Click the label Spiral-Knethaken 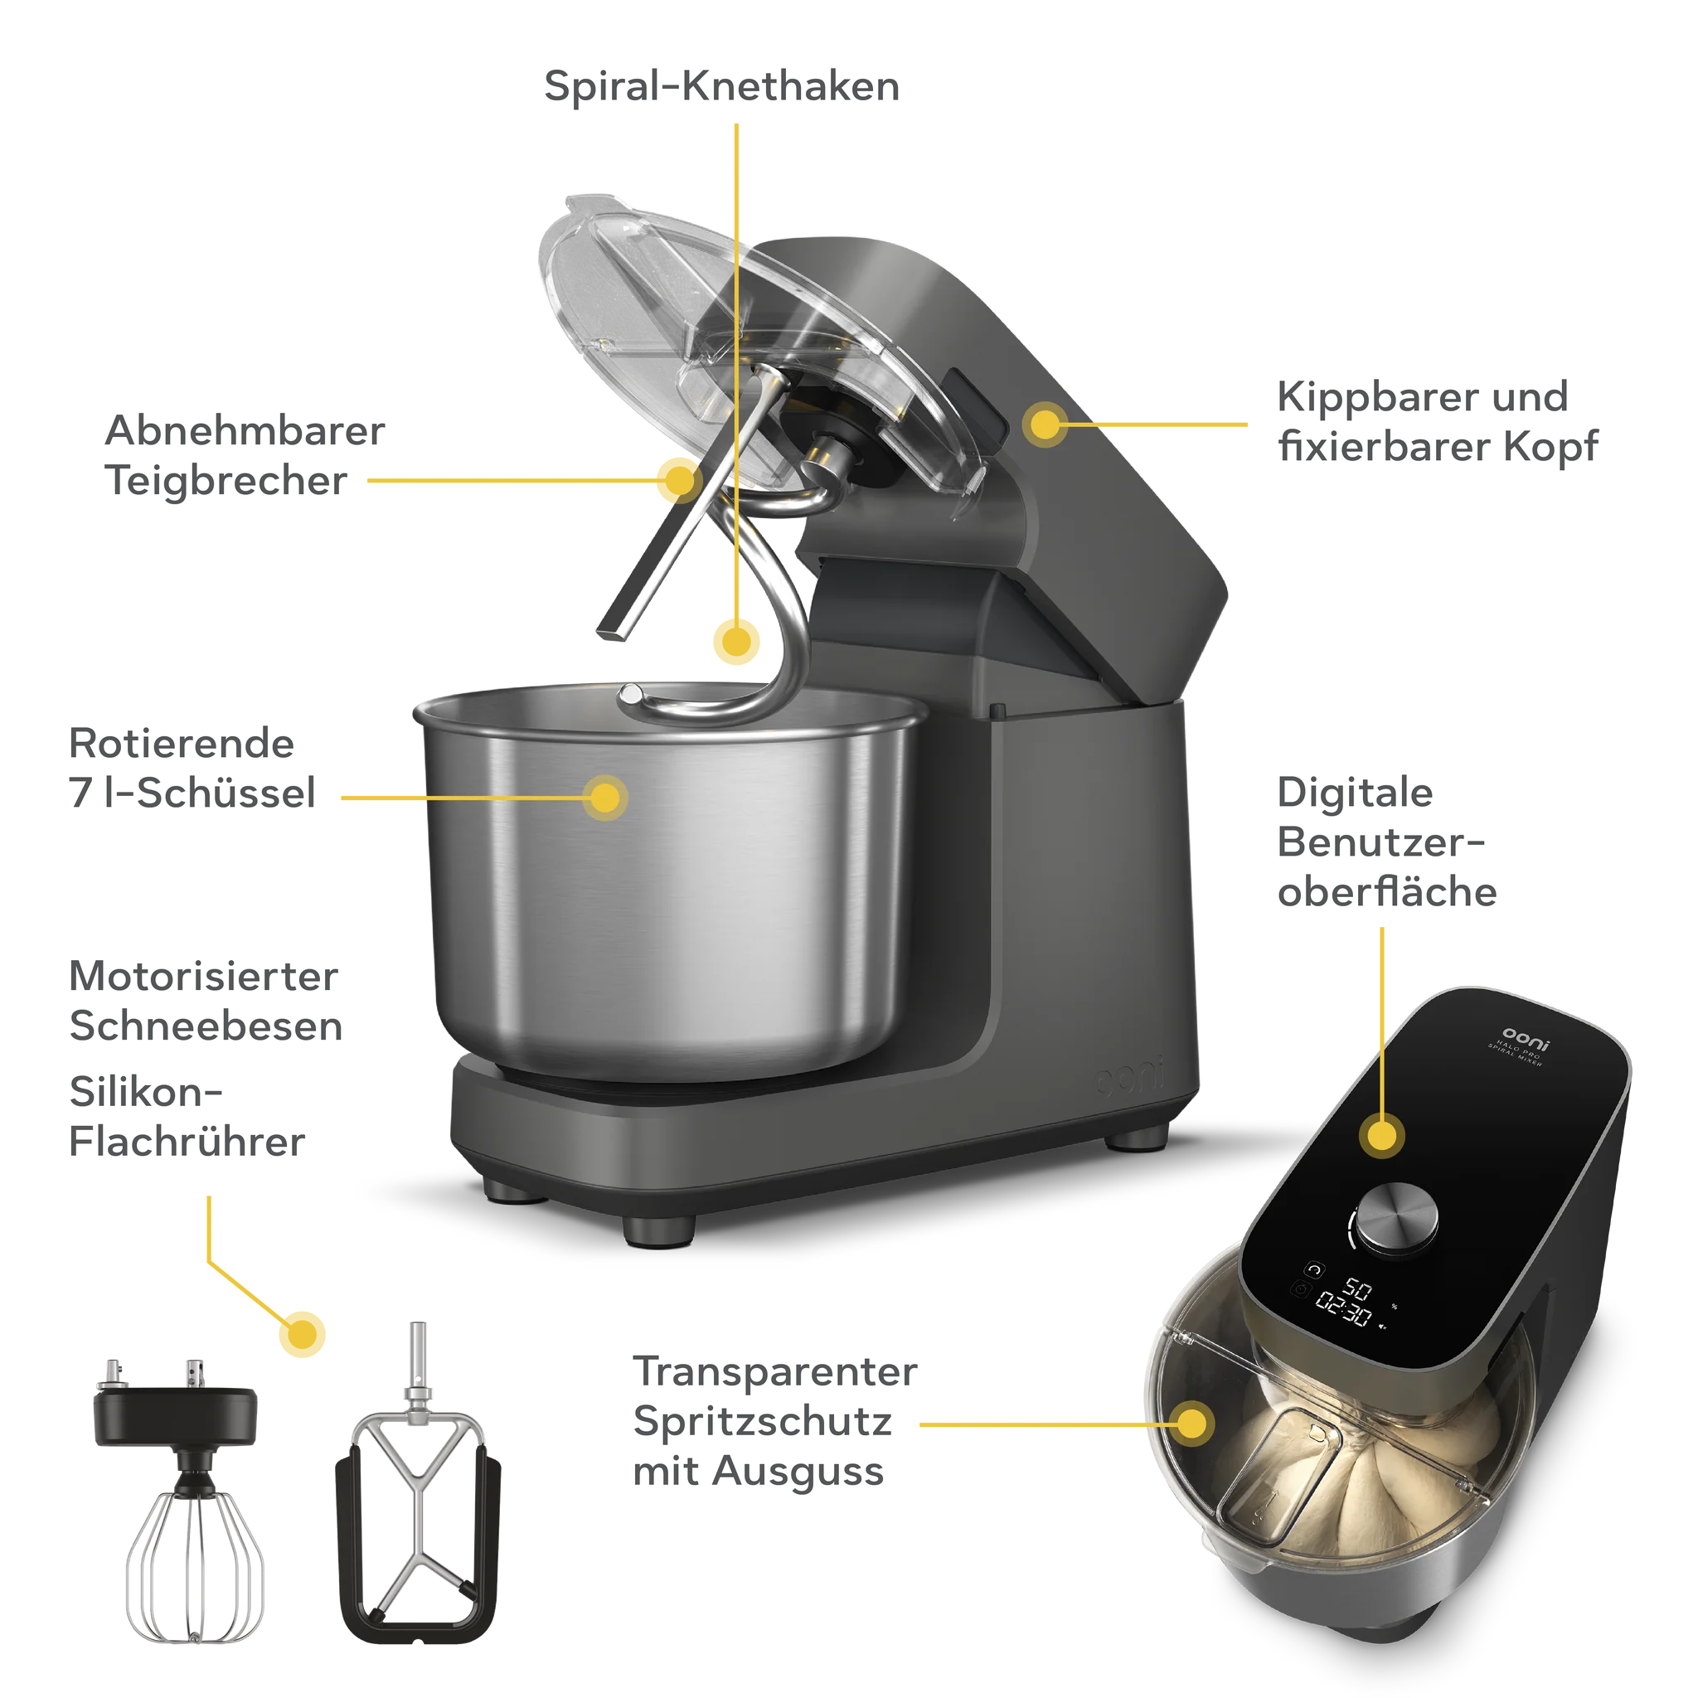point(721,86)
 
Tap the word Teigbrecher point(226,481)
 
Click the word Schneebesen point(206,1026)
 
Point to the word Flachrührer point(187,1142)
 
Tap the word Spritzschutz point(763,1421)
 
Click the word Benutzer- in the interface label point(1380,842)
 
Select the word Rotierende point(182,744)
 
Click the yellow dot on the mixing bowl point(604,798)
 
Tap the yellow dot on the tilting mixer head point(1045,424)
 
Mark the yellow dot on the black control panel point(1381,1136)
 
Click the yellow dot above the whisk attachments point(303,1335)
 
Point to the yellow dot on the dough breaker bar point(679,481)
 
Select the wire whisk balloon point(195,1565)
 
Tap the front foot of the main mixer point(659,1231)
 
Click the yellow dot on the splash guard point(1191,1423)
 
